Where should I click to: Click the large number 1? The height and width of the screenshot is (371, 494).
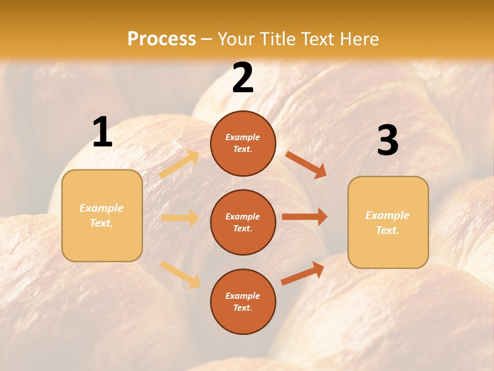[x=102, y=132]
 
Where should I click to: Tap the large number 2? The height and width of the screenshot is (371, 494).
[x=243, y=78]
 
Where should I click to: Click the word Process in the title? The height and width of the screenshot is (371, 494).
[x=162, y=39]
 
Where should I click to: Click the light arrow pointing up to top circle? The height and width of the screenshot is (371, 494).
[x=179, y=164]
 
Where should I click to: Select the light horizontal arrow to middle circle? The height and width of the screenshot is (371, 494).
[x=180, y=218]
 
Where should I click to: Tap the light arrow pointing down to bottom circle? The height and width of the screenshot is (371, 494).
[x=180, y=275]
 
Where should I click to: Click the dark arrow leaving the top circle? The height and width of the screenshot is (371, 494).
[x=306, y=164]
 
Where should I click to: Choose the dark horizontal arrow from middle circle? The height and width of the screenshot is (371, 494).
[x=305, y=217]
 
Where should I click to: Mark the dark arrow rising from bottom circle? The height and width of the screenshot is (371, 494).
[x=303, y=273]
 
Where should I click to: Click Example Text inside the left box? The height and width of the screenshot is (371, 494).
[x=101, y=215]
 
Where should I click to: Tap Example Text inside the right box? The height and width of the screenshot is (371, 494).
[x=387, y=223]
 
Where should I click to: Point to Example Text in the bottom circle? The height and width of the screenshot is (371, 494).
[x=243, y=302]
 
